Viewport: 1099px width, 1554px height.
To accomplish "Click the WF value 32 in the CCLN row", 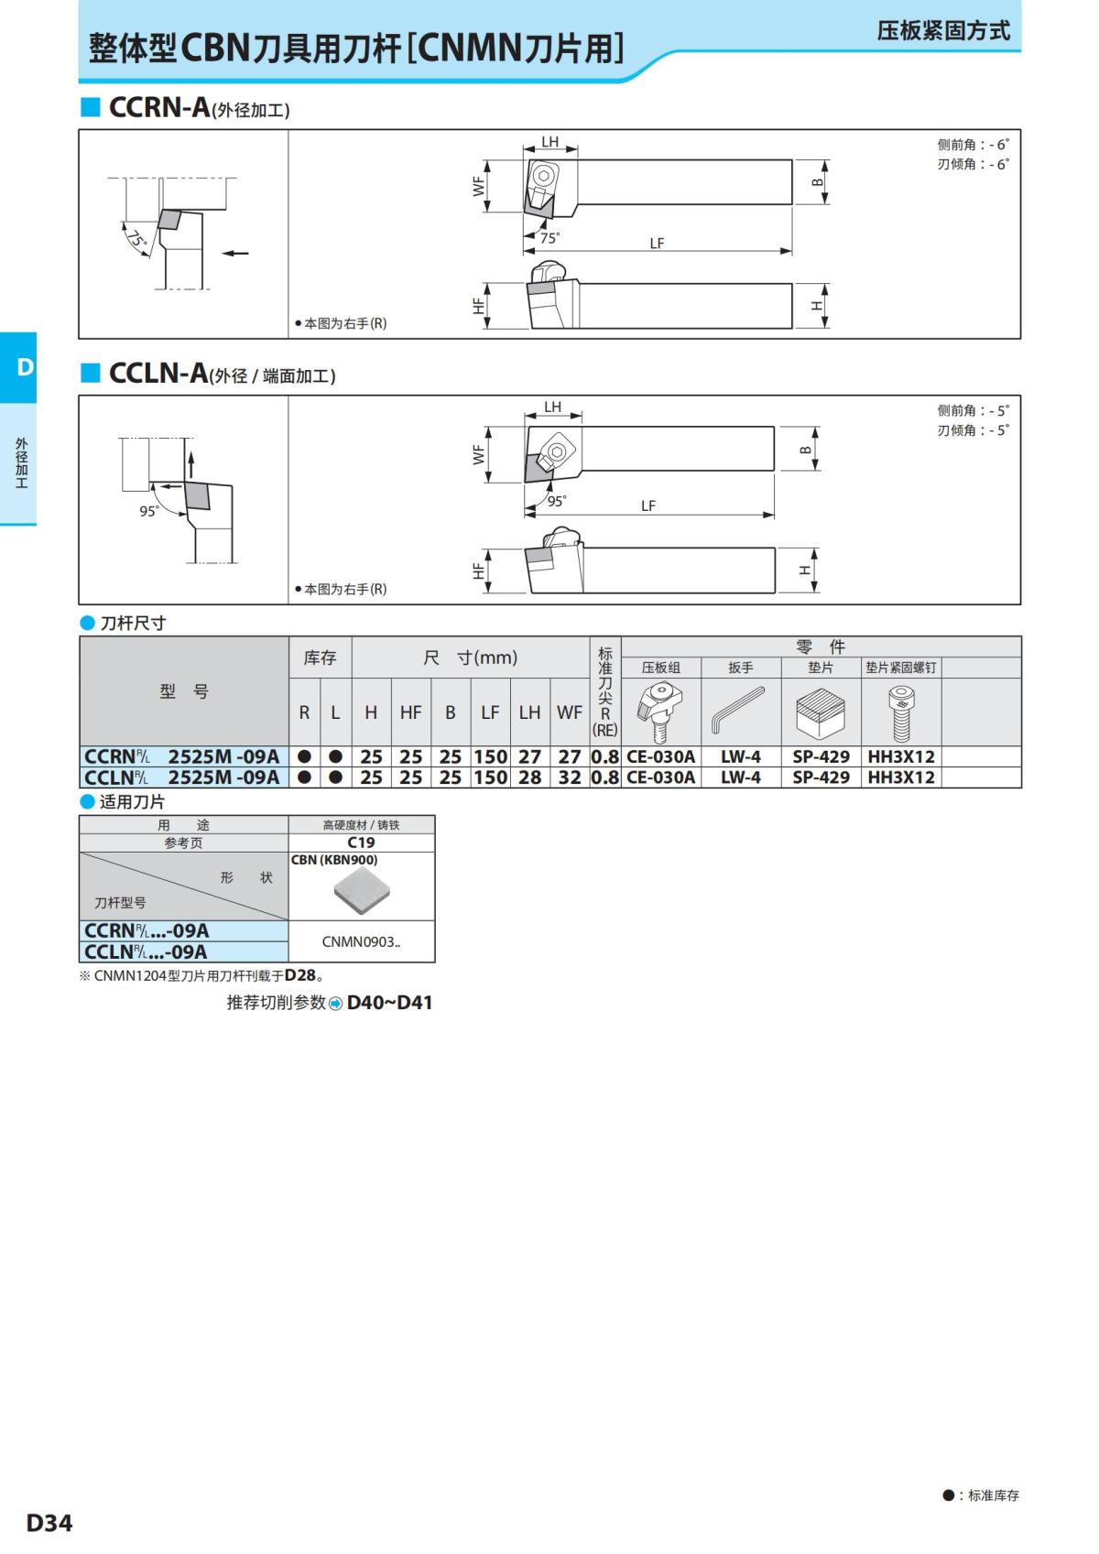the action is click(570, 777).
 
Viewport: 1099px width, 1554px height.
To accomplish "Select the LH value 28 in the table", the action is click(529, 777).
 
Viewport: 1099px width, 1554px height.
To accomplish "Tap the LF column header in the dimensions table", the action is click(490, 712).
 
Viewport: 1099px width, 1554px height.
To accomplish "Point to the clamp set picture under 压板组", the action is click(659, 711).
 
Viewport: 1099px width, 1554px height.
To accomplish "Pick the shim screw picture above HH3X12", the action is click(900, 713).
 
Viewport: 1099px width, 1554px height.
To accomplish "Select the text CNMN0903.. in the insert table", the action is click(361, 941).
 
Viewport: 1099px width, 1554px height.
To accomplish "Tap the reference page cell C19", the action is click(361, 842).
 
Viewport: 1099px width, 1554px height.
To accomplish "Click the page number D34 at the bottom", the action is click(49, 1523).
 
